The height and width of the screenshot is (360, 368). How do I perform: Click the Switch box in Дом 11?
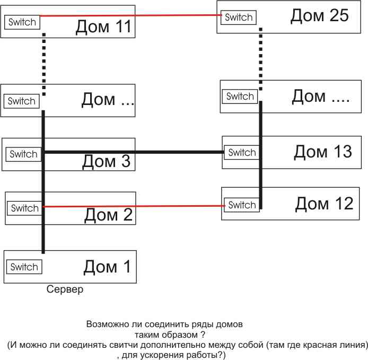click(22, 22)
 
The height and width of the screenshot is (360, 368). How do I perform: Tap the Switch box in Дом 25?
click(239, 17)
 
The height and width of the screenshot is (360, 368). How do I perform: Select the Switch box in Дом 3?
click(24, 154)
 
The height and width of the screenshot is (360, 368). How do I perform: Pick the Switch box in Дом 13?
click(242, 153)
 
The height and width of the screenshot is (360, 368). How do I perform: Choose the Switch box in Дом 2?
click(25, 208)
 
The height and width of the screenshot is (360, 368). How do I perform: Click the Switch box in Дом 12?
click(242, 205)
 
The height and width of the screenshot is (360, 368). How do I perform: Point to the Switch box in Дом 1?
click(24, 267)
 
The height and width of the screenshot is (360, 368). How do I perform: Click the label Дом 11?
click(103, 27)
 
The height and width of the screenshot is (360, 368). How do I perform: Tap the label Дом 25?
click(319, 15)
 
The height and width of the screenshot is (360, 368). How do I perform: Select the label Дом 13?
click(322, 152)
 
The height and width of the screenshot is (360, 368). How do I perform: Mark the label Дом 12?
click(324, 203)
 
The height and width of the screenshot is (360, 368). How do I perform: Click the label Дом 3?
click(106, 161)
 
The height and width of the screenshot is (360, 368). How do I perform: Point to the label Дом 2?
click(108, 215)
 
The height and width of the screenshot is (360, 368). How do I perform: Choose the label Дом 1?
click(107, 266)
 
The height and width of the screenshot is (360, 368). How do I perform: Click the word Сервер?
click(65, 290)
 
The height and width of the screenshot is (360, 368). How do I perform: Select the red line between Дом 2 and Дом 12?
click(133, 206)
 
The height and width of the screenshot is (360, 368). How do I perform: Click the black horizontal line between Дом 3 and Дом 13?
click(133, 153)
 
